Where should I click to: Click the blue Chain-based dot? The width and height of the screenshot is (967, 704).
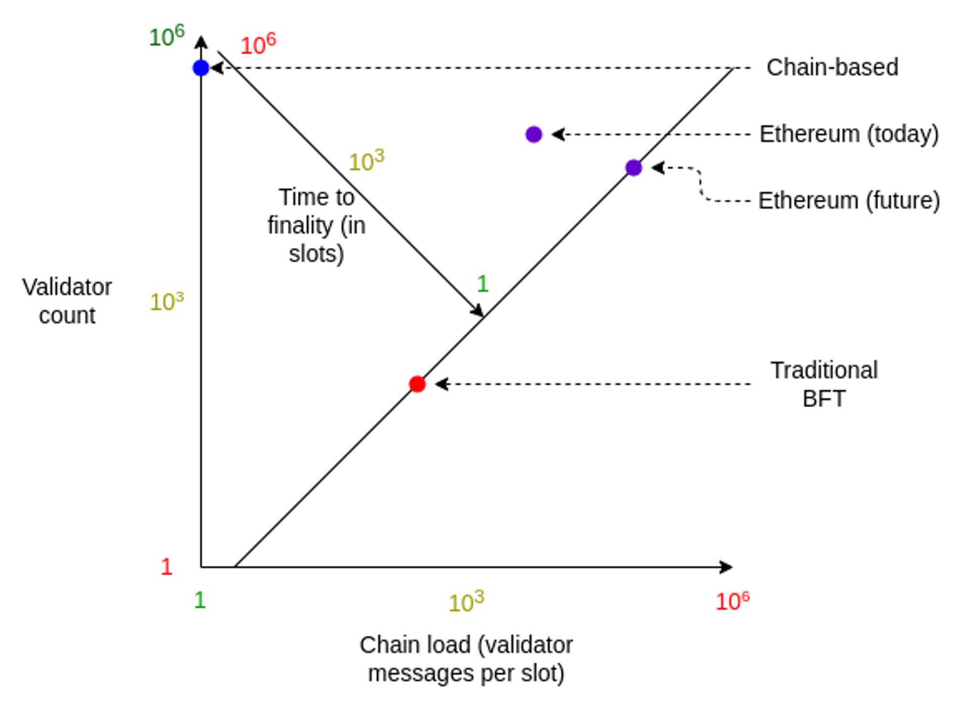pos(201,68)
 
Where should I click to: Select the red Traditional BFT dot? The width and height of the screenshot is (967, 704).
pos(417,384)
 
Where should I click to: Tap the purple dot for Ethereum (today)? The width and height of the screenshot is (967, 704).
pos(534,134)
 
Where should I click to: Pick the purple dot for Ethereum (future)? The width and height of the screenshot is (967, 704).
pos(633,168)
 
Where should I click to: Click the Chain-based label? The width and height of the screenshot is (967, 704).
pos(832,68)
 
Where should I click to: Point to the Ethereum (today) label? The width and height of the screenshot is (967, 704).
pos(849,134)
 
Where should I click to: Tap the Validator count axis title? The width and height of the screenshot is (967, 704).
pos(67,301)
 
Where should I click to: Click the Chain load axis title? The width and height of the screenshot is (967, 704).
pos(466,659)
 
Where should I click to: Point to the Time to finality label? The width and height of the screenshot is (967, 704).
pos(317,226)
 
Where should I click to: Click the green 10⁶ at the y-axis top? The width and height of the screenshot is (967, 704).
pos(167,37)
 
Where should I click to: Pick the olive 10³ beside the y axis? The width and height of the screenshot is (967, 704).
pos(167,302)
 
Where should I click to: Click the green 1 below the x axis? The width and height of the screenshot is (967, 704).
pos(200,601)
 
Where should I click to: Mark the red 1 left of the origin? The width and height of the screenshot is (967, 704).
pos(167,567)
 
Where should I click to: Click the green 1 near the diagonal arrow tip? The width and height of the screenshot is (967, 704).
pos(483,284)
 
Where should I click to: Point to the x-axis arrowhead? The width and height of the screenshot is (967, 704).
pos(726,567)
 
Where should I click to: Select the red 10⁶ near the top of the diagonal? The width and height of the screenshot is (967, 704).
pos(258,44)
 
